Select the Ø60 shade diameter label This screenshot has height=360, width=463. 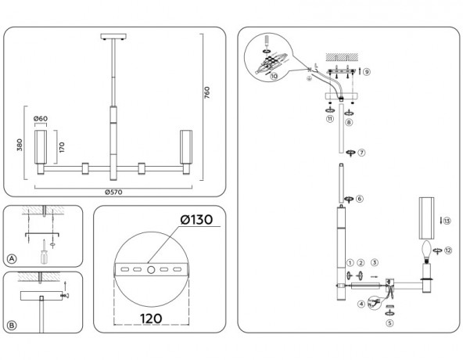click(x=41, y=119)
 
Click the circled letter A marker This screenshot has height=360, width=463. click(x=13, y=258)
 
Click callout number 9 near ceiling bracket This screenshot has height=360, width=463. click(x=367, y=71)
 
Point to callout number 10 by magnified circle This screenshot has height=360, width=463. click(x=274, y=77)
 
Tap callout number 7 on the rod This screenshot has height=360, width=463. click(x=362, y=152)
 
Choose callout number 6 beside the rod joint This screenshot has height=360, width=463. click(x=360, y=199)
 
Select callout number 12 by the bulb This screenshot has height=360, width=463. click(x=447, y=250)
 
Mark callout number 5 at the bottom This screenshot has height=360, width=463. click(x=389, y=321)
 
